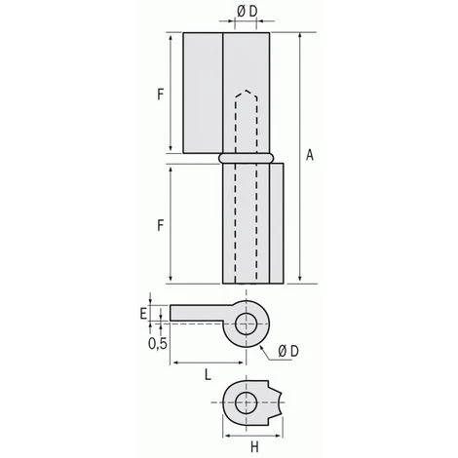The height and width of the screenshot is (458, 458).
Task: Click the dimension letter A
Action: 310,154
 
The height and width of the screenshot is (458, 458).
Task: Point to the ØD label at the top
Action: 248,13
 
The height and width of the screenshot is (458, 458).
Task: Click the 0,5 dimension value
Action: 155,342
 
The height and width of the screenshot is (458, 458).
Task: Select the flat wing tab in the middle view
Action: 200,312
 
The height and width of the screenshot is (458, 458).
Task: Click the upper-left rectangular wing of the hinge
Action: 203,92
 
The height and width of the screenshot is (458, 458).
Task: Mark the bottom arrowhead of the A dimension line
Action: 300,281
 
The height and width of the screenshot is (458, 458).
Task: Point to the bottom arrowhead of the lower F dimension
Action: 172,281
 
